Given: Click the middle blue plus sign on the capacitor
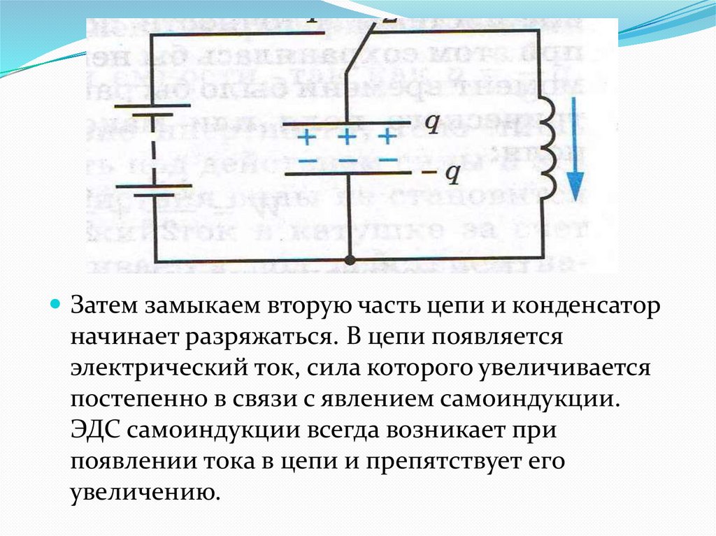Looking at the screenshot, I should coord(348,135).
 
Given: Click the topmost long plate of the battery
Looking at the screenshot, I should coord(153,106).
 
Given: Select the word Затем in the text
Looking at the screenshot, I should coord(105,307).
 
